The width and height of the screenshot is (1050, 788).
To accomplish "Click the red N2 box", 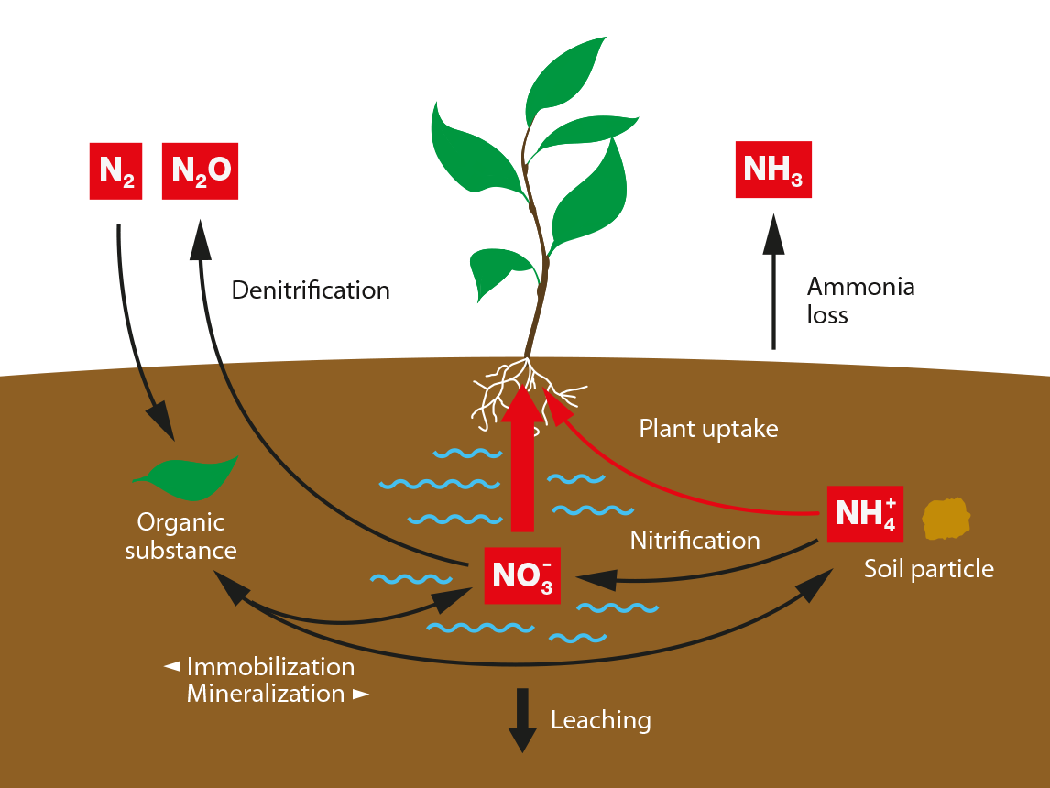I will pyautogui.click(x=115, y=170).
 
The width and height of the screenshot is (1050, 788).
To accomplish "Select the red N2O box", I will pyautogui.click(x=200, y=170).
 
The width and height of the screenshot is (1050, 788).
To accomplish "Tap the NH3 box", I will pyautogui.click(x=773, y=170).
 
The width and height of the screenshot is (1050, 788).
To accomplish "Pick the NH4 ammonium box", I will pyautogui.click(x=865, y=513).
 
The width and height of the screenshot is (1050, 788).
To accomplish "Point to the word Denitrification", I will pyautogui.click(x=311, y=291).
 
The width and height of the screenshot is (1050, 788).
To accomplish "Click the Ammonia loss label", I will pyautogui.click(x=859, y=301).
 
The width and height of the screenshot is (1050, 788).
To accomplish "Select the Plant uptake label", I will pyautogui.click(x=708, y=429).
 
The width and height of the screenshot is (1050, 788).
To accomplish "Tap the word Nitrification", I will pyautogui.click(x=695, y=541).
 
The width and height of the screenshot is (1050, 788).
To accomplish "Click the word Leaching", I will pyautogui.click(x=600, y=720).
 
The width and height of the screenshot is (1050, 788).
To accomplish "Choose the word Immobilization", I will pyautogui.click(x=270, y=667).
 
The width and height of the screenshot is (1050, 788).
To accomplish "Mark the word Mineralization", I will pyautogui.click(x=266, y=694).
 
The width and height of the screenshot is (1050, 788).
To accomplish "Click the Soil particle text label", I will pyautogui.click(x=928, y=569).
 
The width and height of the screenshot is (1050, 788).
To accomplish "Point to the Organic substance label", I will pyautogui.click(x=180, y=537).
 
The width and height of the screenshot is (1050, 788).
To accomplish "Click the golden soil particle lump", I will pyautogui.click(x=946, y=519).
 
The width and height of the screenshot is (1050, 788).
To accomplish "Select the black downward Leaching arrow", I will pyautogui.click(x=522, y=718).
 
